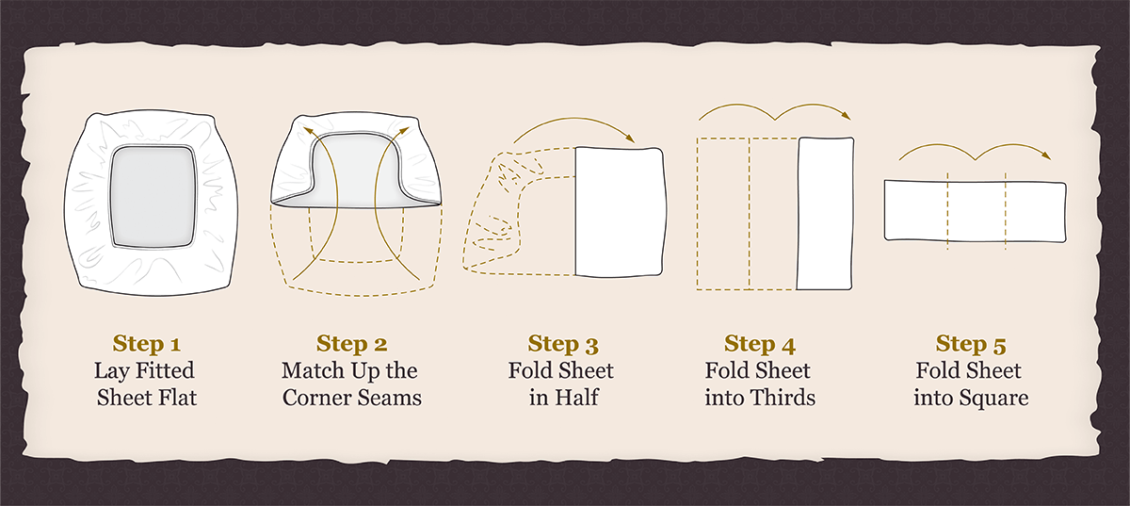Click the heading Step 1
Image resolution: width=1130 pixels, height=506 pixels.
tap(146, 344)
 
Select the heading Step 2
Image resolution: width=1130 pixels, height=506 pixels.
tap(351, 344)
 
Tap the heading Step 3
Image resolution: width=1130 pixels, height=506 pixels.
tap(563, 344)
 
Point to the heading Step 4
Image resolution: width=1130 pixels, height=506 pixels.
tap(760, 344)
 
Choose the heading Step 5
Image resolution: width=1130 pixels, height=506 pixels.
tap(971, 344)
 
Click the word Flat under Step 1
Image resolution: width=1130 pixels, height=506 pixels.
tap(177, 398)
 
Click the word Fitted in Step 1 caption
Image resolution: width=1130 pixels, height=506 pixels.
tap(165, 370)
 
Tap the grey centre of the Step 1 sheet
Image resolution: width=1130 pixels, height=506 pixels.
tap(153, 197)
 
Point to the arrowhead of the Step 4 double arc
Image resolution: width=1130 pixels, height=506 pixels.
tap(846, 116)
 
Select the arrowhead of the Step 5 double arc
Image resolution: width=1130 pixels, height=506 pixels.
tap(1046, 155)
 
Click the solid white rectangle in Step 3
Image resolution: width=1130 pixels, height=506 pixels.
tap(619, 212)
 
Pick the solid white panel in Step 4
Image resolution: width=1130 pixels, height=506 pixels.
tap(825, 214)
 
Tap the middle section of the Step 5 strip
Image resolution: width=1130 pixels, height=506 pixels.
tap(977, 210)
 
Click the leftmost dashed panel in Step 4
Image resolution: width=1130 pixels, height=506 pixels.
tap(723, 214)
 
